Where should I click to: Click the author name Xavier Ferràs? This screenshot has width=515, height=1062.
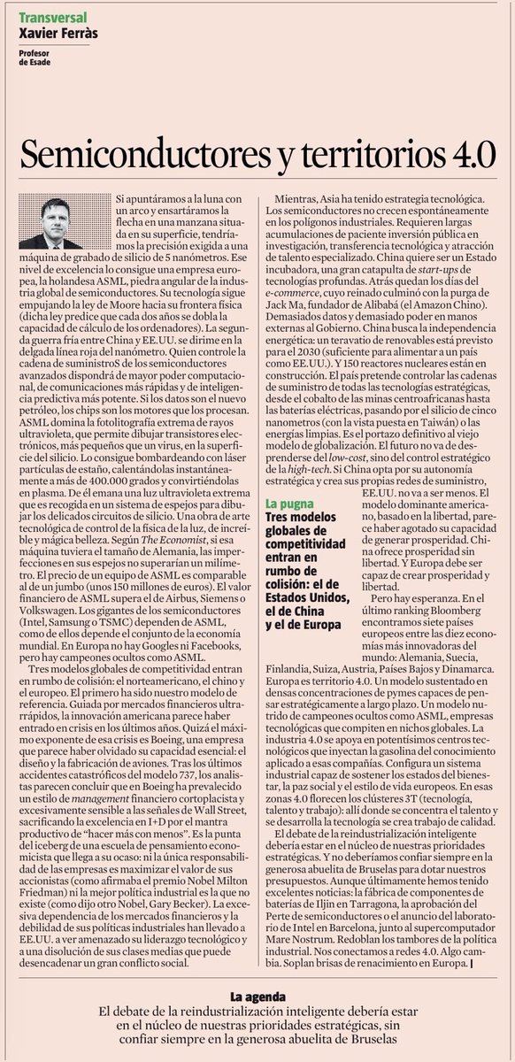[58, 32]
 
